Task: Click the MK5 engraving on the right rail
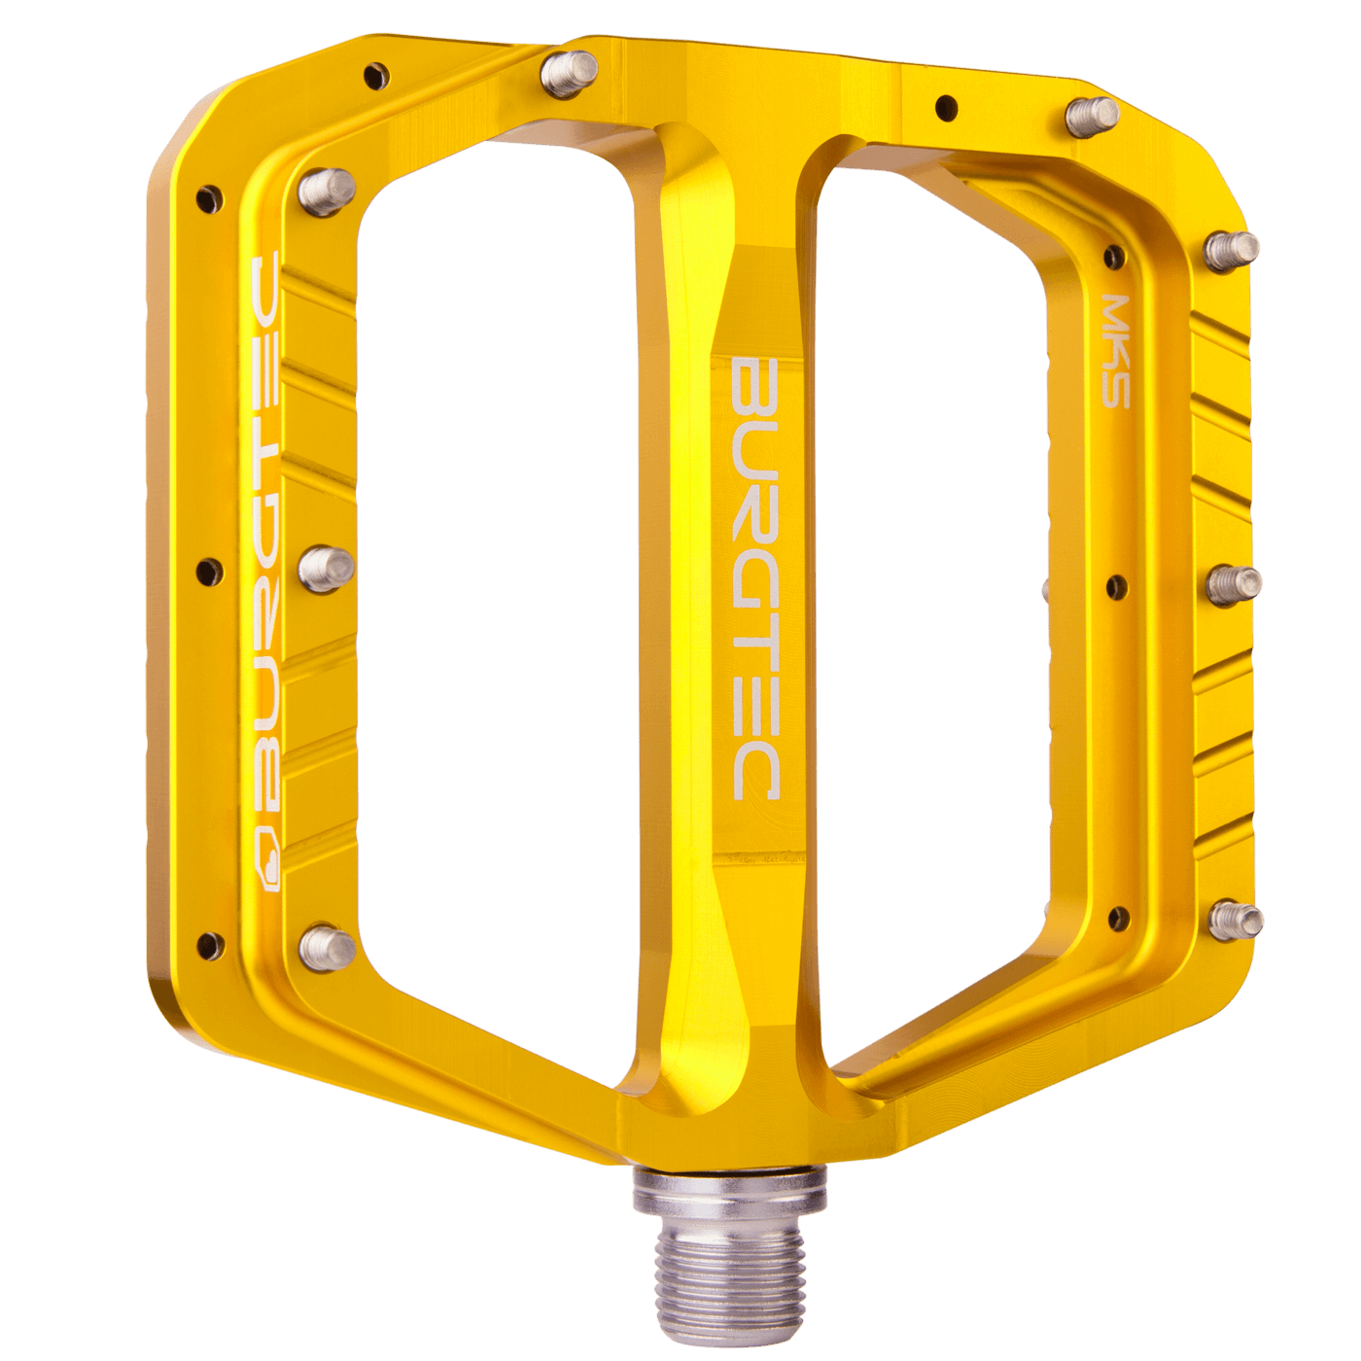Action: point(1116,351)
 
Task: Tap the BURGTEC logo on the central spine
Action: point(755,579)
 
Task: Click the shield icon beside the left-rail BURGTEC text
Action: point(267,871)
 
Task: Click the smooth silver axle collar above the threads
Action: point(730,1195)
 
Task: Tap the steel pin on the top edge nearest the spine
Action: point(570,73)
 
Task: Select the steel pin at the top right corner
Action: point(1092,116)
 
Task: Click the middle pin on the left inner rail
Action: point(326,569)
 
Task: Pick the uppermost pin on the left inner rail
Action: point(327,191)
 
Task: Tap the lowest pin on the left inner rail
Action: point(326,946)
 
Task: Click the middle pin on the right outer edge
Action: point(1233,584)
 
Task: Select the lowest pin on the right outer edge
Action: point(1235,920)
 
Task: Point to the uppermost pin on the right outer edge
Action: point(1231,250)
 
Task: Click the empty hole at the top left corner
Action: point(376,74)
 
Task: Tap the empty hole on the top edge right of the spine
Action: point(945,106)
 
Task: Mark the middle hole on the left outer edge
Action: point(209,572)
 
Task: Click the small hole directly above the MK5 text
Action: point(1115,257)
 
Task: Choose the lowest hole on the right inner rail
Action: point(1119,918)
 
